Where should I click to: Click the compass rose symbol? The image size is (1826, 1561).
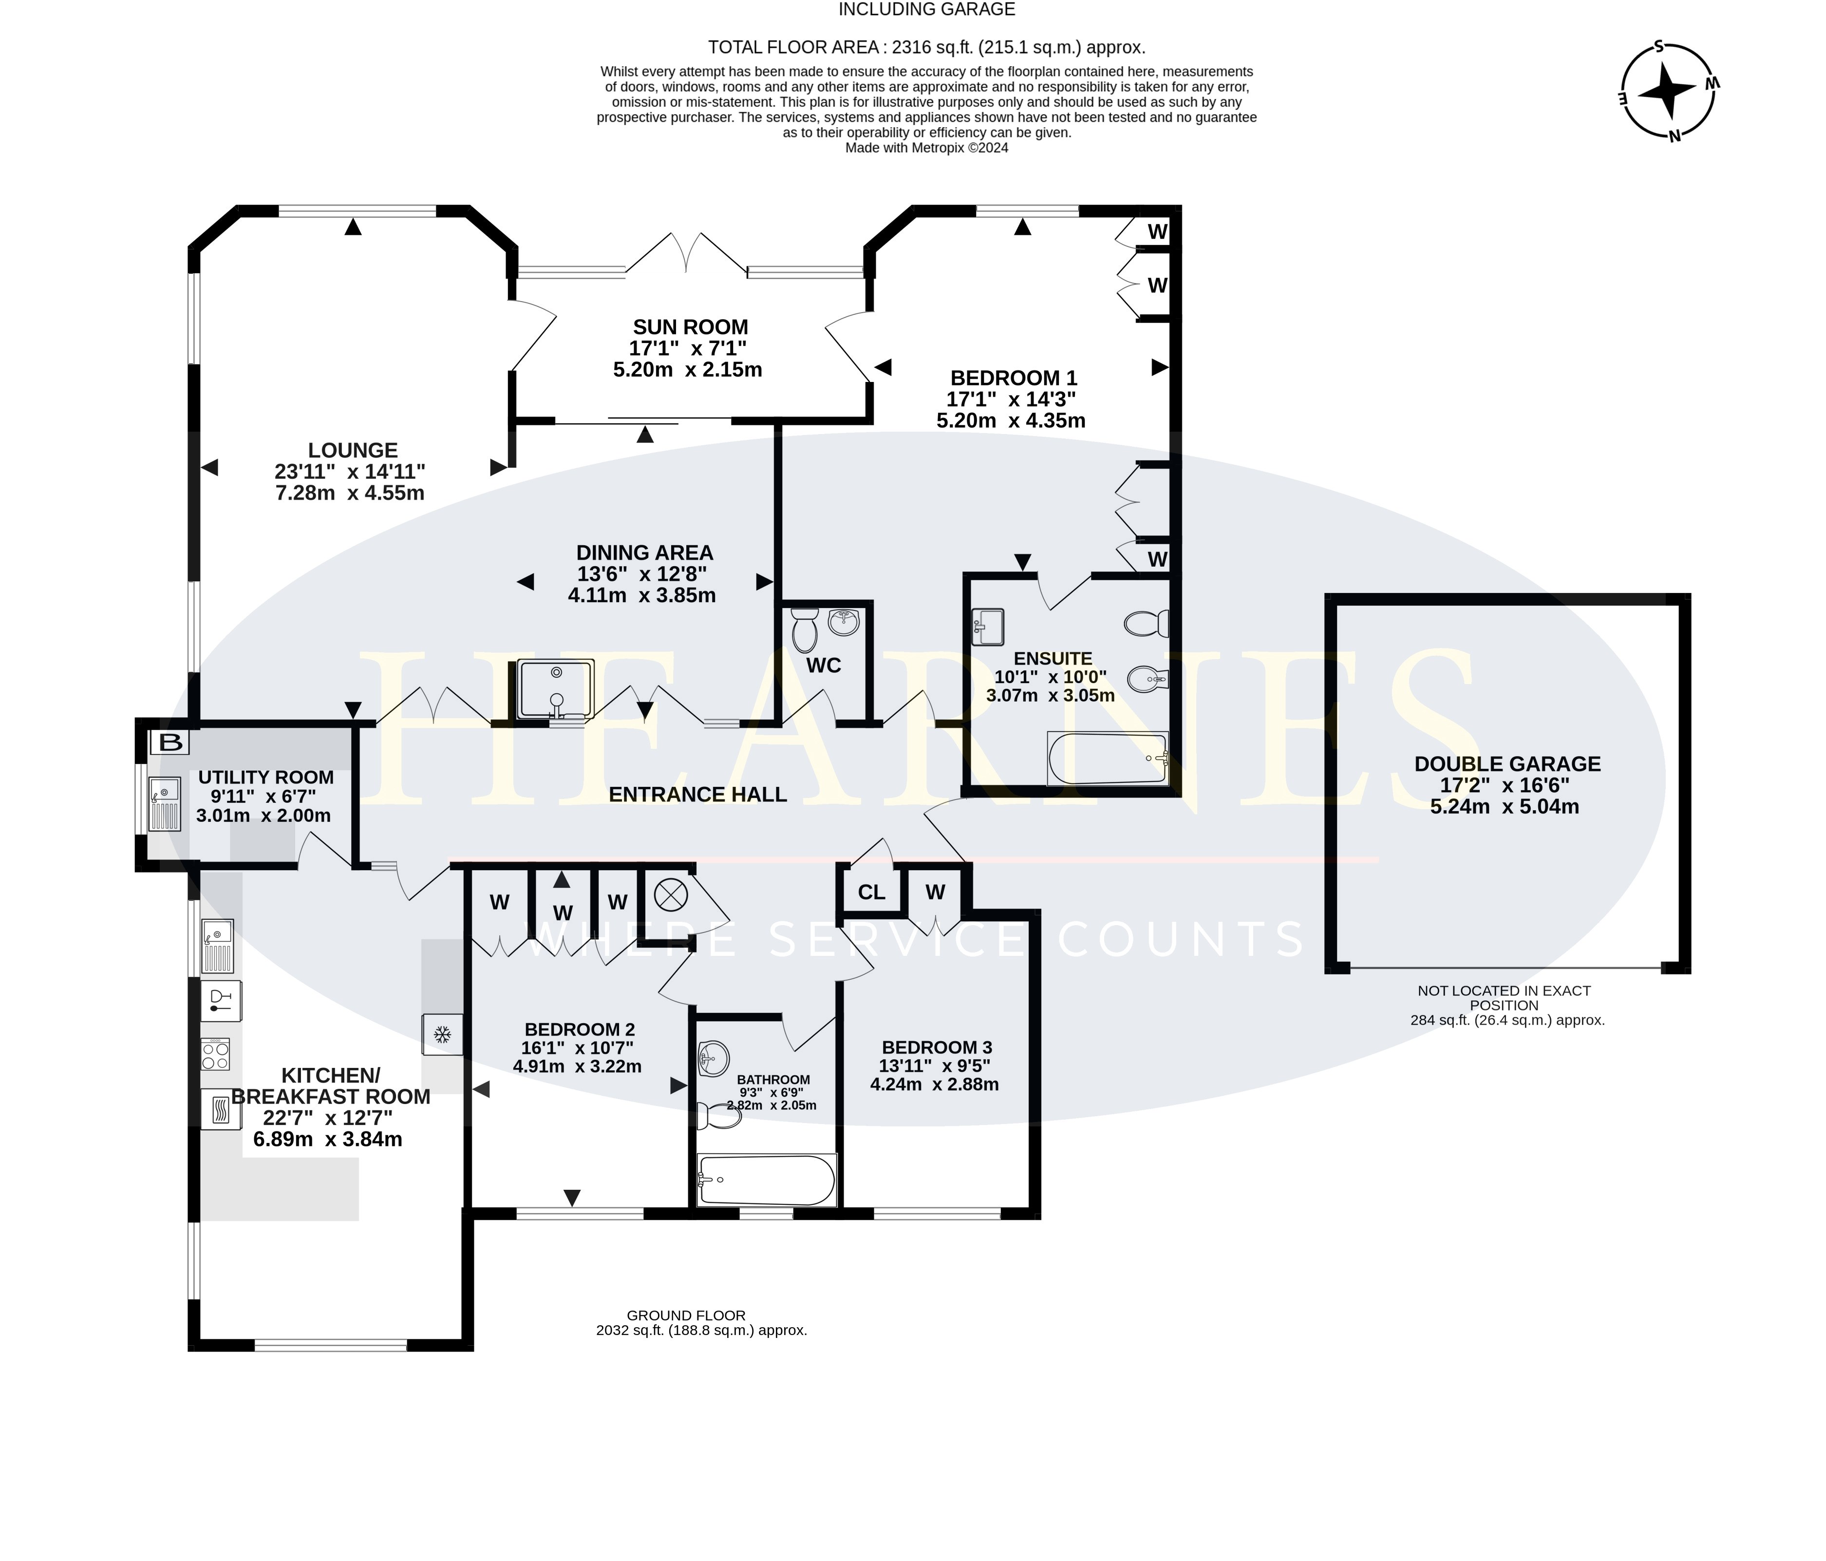1668,91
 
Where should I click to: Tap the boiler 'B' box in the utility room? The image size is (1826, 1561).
171,742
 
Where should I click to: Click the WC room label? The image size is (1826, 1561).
824,666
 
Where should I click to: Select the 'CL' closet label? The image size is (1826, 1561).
871,892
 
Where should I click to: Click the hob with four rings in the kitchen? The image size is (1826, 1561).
216,1053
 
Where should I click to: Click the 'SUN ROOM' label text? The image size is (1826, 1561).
690,327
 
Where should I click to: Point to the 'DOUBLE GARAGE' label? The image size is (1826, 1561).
1507,764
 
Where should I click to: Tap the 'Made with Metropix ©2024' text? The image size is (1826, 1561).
926,148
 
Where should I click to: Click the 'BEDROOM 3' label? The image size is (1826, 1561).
937,1047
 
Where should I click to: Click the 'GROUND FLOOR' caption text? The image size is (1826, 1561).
686,1315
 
